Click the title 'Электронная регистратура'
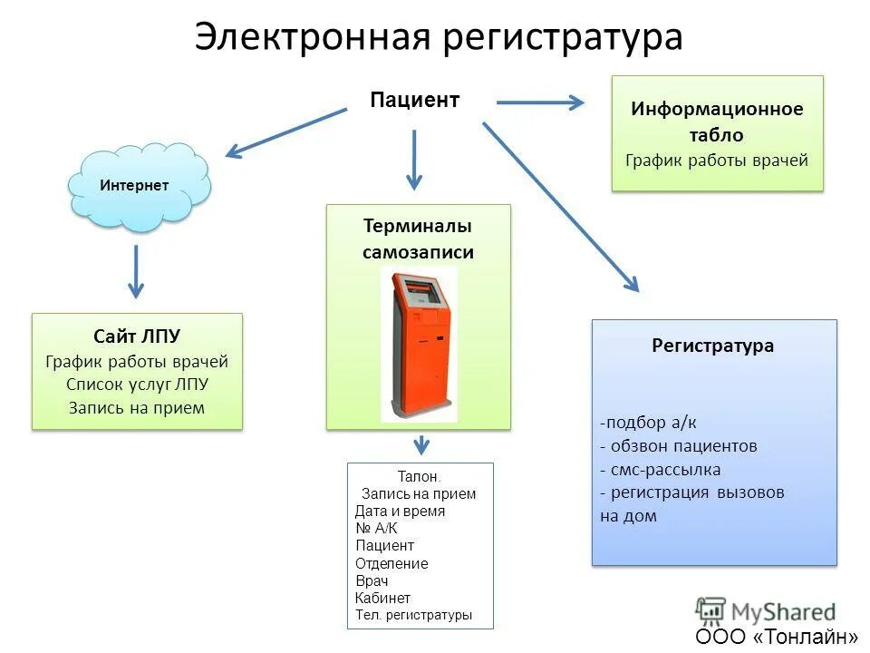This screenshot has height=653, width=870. coord(438,38)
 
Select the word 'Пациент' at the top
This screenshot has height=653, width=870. coord(414,100)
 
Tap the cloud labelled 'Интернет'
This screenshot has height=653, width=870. coord(137,186)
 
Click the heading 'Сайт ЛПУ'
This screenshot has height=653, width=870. coord(137,337)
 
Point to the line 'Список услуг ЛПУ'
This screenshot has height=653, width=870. coord(137,384)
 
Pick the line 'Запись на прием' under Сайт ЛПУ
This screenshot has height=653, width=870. coord(137,407)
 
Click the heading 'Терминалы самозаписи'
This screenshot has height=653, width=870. coord(418,239)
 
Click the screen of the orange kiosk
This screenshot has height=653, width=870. coord(424,293)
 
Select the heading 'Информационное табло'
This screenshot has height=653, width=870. coord(717,122)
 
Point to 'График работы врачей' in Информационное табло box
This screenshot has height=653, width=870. coord(717,161)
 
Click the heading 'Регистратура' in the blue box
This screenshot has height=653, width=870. coord(713,346)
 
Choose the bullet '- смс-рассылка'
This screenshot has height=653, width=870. coord(660,469)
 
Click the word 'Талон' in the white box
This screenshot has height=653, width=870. coord(418,476)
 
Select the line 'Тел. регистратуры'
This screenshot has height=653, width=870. coord(413,615)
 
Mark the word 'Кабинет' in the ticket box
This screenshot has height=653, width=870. coord(383,598)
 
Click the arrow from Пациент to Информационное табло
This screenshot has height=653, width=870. coord(540,102)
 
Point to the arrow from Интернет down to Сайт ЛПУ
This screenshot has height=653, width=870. coord(136,270)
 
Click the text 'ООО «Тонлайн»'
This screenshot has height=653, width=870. coord(777,636)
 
